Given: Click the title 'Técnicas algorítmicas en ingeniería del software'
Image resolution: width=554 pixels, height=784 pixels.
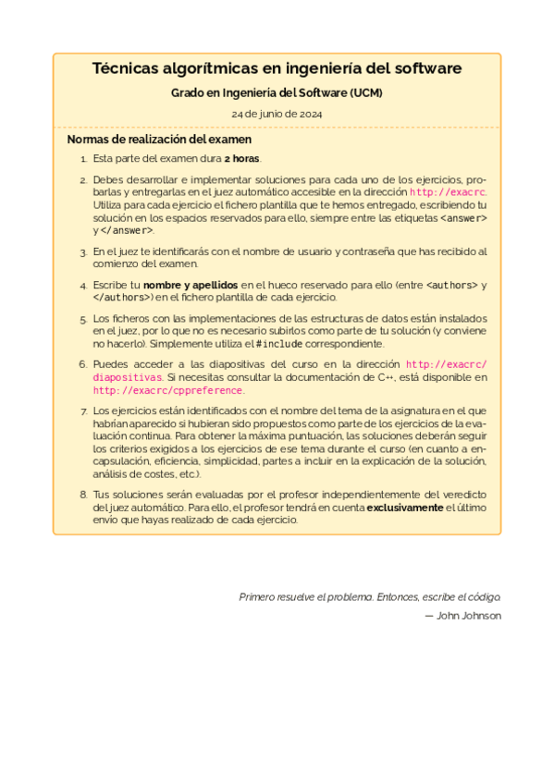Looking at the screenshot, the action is (277, 69).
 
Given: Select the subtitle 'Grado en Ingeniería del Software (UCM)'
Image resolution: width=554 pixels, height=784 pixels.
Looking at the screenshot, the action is (277, 93).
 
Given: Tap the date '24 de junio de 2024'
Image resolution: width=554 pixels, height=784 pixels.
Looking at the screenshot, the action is (277, 114).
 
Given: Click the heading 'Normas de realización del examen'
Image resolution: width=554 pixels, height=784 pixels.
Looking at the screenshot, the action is (159, 140).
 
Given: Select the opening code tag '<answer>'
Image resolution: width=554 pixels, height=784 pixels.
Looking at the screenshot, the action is (463, 218).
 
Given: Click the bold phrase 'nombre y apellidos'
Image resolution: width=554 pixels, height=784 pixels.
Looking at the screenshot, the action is (191, 284).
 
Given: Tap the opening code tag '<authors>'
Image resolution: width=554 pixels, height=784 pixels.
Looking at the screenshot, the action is (452, 284).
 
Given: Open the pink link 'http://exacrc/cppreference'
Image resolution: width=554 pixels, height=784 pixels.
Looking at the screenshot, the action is (169, 390).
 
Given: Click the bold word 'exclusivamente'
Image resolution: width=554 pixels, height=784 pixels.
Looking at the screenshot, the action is (405, 508).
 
